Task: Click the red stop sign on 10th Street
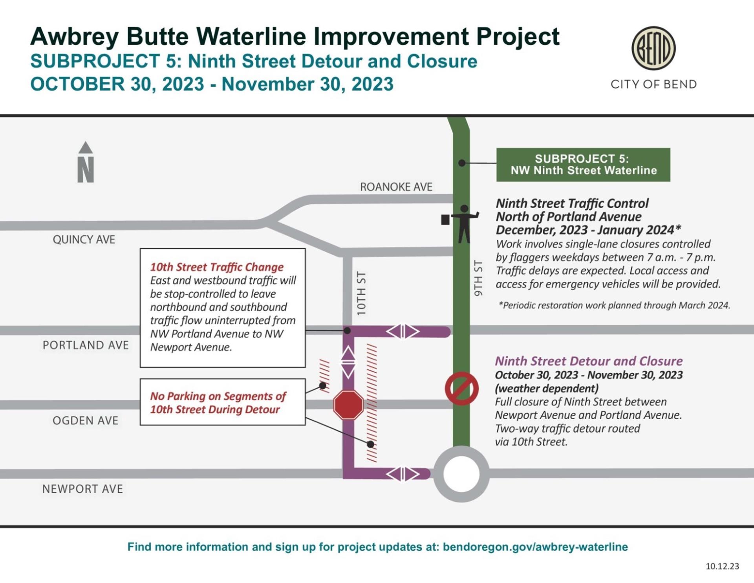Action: coord(348,405)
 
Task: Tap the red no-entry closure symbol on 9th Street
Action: coord(461,389)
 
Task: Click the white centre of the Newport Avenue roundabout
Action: coord(461,474)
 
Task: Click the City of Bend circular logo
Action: coord(653,48)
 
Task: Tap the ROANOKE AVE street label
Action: coord(396,187)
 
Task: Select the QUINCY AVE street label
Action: coord(84,240)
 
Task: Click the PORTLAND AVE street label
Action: coord(86,345)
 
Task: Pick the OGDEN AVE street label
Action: coord(85,421)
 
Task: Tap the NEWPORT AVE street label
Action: coord(82,489)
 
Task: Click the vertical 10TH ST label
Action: coord(361,293)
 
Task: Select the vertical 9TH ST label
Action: coord(478,278)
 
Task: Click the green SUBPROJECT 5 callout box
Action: coord(583,165)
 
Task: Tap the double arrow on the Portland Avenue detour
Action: coord(403,332)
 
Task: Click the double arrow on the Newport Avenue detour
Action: coord(403,474)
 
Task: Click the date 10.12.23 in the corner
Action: coord(722,566)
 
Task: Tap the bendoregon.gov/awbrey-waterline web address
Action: coord(535,547)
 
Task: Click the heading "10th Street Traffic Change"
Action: coord(217,267)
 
